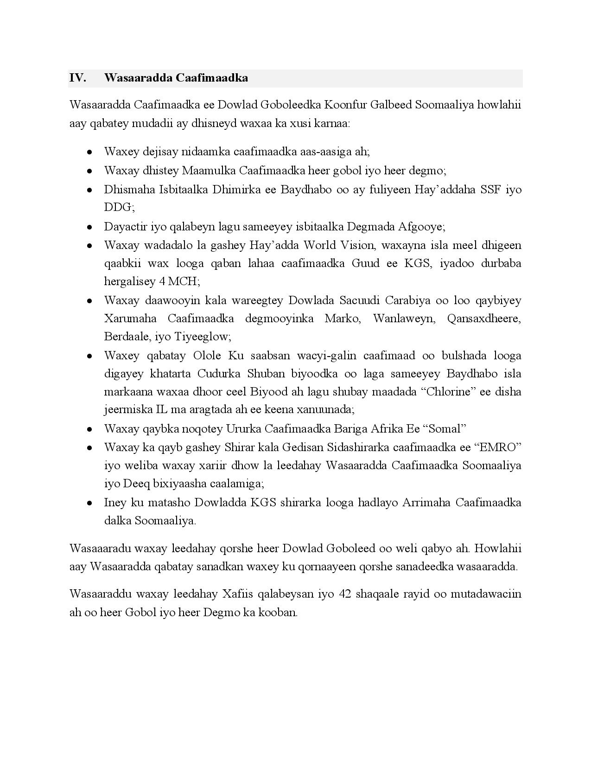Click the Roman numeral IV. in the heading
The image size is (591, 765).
78,78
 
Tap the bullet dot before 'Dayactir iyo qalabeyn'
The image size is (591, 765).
89,227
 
